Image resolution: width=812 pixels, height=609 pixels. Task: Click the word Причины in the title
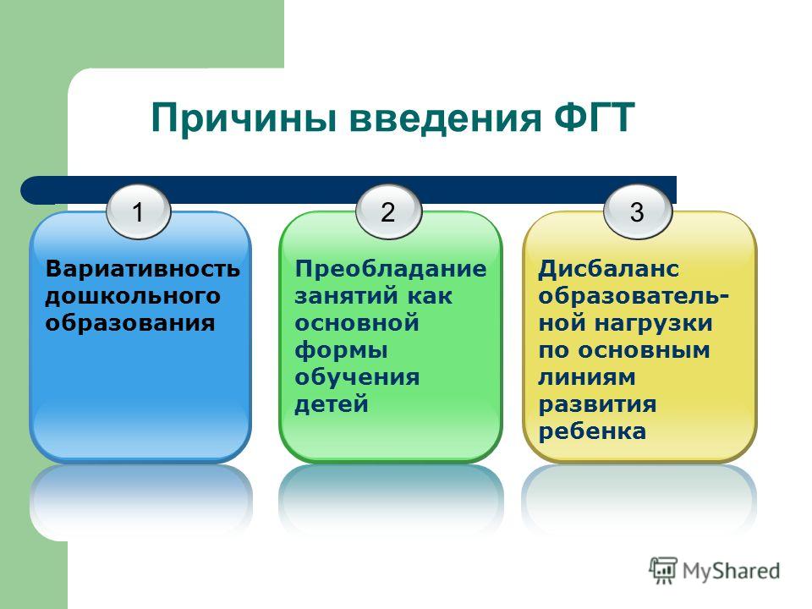(x=244, y=119)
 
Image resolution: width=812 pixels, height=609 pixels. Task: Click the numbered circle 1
(x=138, y=211)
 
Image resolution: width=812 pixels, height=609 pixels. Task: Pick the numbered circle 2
(x=388, y=211)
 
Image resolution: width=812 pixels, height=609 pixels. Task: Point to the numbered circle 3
(x=638, y=211)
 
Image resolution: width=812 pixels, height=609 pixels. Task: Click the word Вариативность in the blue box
(x=143, y=269)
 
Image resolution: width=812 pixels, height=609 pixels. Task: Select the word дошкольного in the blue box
(x=133, y=296)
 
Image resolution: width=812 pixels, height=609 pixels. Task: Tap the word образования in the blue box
(x=130, y=323)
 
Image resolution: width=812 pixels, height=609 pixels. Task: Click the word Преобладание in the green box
(x=391, y=269)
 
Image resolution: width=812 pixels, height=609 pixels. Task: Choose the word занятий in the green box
(x=346, y=297)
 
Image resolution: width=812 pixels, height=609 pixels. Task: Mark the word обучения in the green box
(x=357, y=376)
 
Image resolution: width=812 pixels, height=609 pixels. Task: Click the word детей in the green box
(x=332, y=404)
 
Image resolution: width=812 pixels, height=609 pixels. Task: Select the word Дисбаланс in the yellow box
(x=608, y=269)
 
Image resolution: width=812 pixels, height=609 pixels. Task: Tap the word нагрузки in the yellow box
(x=654, y=325)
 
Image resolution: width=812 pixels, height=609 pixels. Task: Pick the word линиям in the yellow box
(x=587, y=377)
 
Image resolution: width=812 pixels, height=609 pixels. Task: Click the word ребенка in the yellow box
(x=592, y=431)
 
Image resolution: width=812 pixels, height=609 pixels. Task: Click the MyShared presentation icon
(x=663, y=570)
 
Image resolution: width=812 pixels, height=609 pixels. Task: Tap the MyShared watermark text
(x=731, y=572)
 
